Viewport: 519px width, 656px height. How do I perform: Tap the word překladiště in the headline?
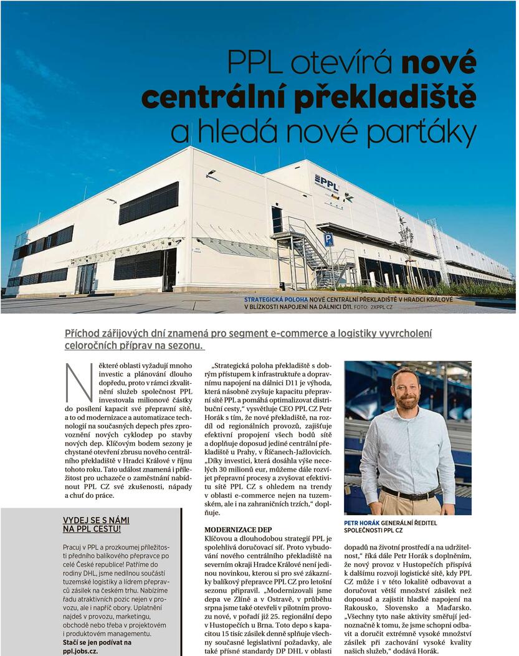coord(389,97)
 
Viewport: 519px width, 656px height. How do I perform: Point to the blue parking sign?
coord(328,239)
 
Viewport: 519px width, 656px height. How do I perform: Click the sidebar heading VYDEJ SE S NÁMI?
coord(96,520)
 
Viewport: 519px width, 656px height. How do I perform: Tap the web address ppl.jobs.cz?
coord(81,650)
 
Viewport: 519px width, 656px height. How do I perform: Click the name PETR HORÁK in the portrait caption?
coord(361,523)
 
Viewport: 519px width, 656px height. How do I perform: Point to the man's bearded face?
coord(407,391)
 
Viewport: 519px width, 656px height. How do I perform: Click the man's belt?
coord(408,495)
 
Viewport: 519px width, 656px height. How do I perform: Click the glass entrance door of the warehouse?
coord(85,278)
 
